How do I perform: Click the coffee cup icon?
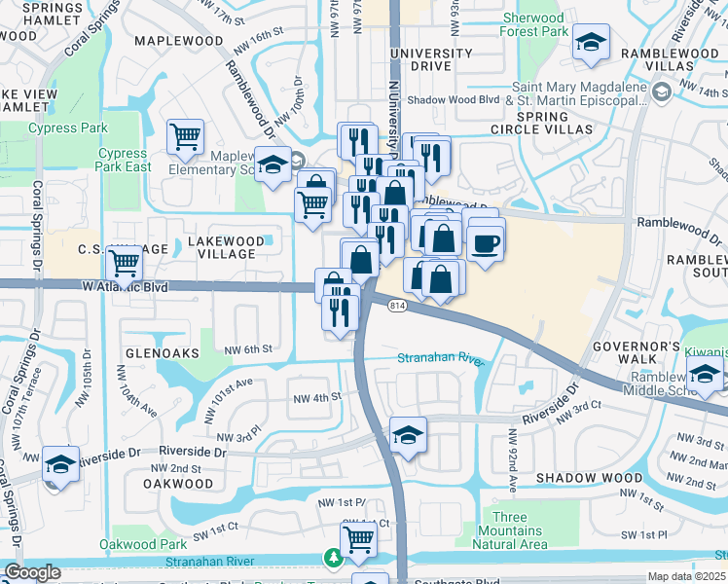pos(486,241)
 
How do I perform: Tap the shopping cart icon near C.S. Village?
pos(124,263)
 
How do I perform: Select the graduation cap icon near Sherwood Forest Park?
pos(590,44)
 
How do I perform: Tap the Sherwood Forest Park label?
pos(533,24)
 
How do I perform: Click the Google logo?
pos(32,572)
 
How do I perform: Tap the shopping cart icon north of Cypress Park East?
pos(185,137)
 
